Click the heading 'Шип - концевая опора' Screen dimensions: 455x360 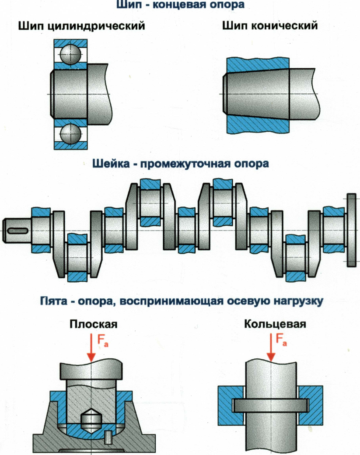click(x=180, y=6)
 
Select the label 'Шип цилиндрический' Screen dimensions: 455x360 click(x=81, y=26)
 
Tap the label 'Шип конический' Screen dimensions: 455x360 click(x=269, y=26)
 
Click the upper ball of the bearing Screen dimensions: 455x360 click(x=70, y=54)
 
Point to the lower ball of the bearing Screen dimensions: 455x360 click(x=70, y=134)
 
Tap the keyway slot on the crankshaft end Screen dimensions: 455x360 click(x=19, y=230)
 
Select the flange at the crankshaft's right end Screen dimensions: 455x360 click(x=352, y=230)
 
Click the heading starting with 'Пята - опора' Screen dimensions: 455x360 click(x=180, y=301)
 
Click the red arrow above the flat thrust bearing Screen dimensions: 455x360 click(x=91, y=348)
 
